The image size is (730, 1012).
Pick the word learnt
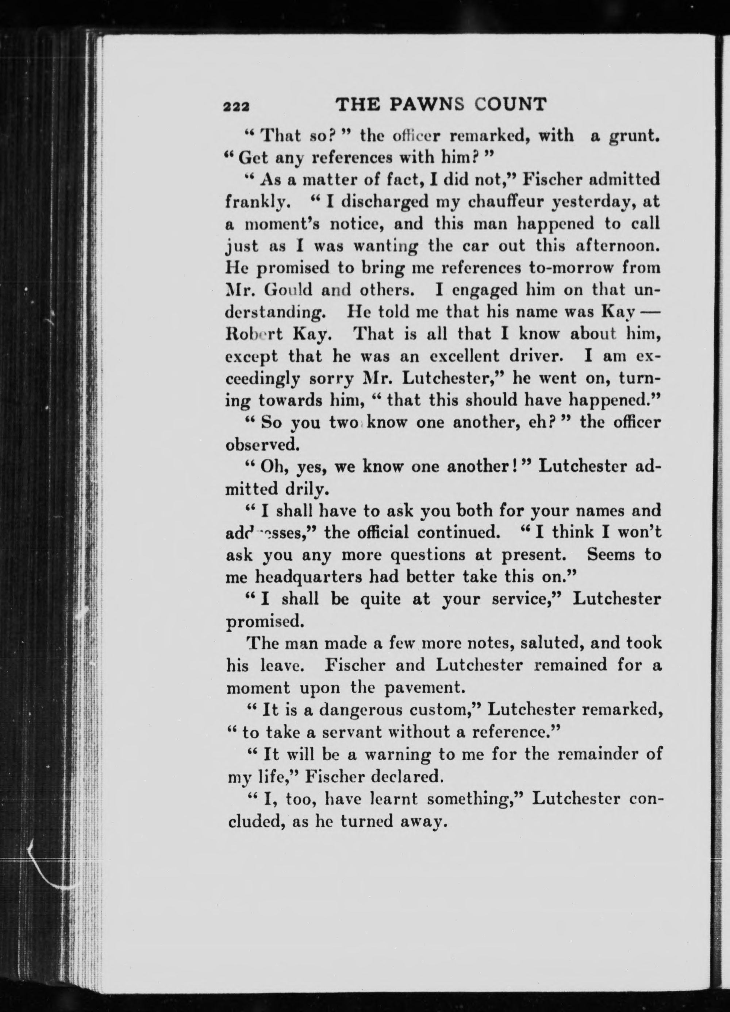click(x=394, y=798)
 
